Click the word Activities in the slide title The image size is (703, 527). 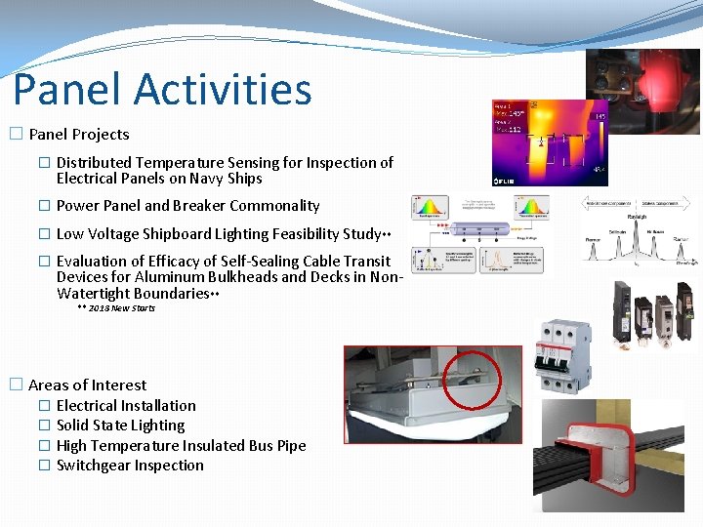(223, 89)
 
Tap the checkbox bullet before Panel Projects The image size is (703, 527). (16, 135)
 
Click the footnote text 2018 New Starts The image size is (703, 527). (121, 308)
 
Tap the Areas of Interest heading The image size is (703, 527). (87, 385)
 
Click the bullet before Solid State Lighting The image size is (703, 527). (44, 426)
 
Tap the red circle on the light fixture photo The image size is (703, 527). (473, 380)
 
